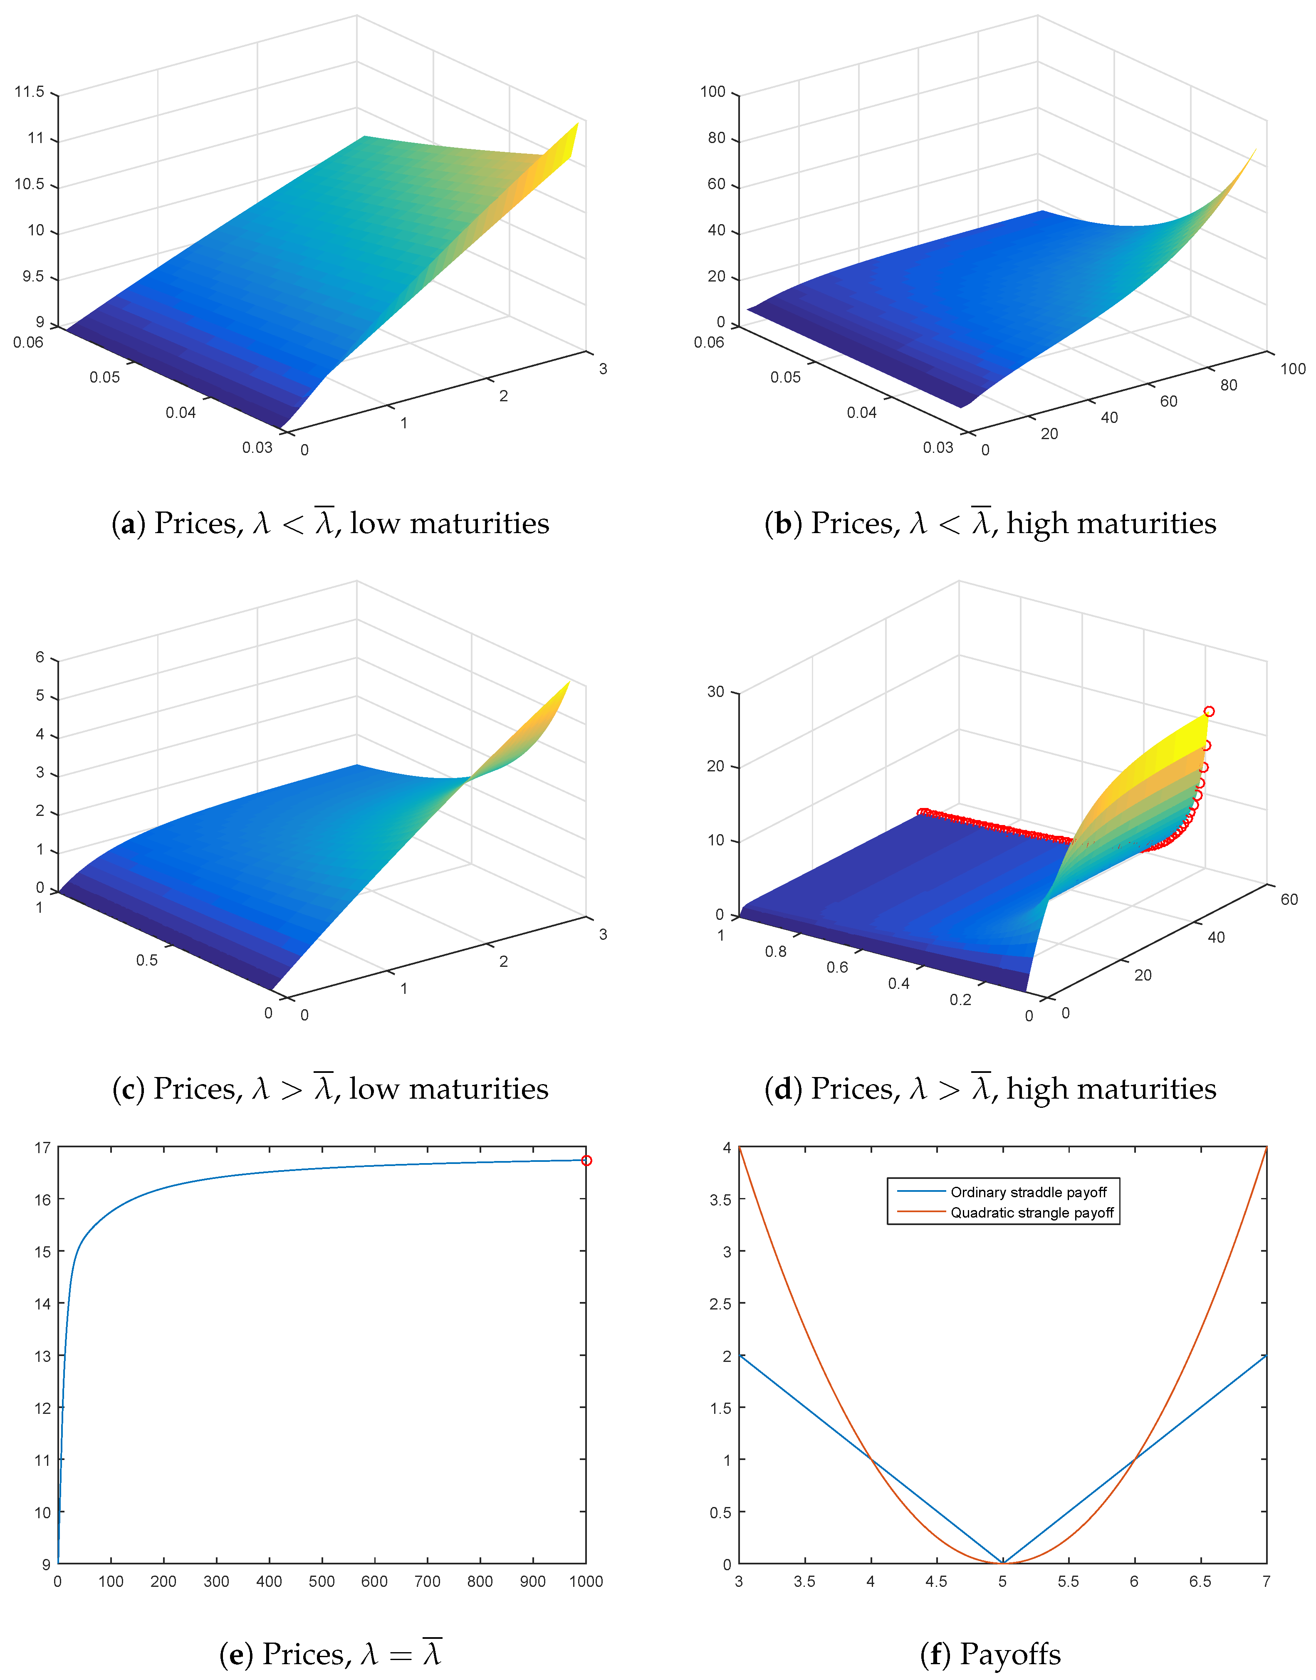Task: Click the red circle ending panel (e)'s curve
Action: [586, 1160]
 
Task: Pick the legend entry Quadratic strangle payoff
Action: [1032, 1213]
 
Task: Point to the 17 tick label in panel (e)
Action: [42, 1148]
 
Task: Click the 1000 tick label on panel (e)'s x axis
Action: [586, 1581]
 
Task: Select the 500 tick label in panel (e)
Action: [321, 1581]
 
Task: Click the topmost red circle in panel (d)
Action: [1209, 711]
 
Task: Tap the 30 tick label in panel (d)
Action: [716, 692]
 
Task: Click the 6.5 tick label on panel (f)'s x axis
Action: [1200, 1581]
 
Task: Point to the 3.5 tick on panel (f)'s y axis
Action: [720, 1199]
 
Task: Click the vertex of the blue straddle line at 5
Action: [1002, 1562]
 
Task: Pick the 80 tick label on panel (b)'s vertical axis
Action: [717, 138]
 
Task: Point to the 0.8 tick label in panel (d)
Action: [776, 951]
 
